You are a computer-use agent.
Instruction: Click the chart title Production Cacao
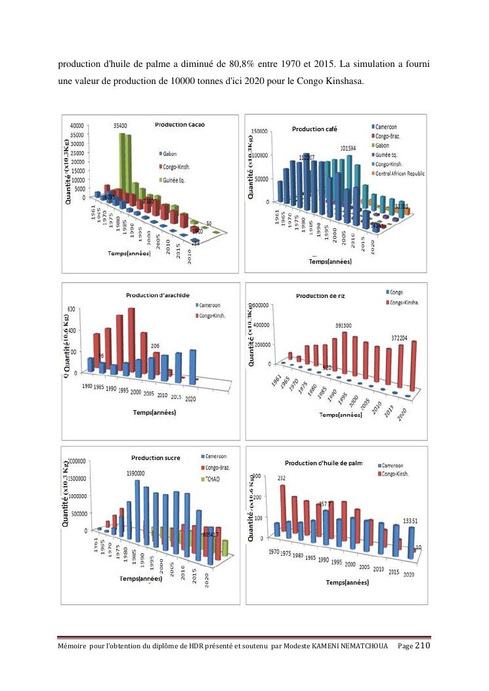pos(179,125)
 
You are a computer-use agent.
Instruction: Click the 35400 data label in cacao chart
pos(121,125)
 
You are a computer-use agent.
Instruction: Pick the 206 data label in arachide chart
pos(156,345)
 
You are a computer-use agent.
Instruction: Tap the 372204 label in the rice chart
pos(414,338)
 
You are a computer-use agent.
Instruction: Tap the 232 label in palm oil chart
pos(282,478)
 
